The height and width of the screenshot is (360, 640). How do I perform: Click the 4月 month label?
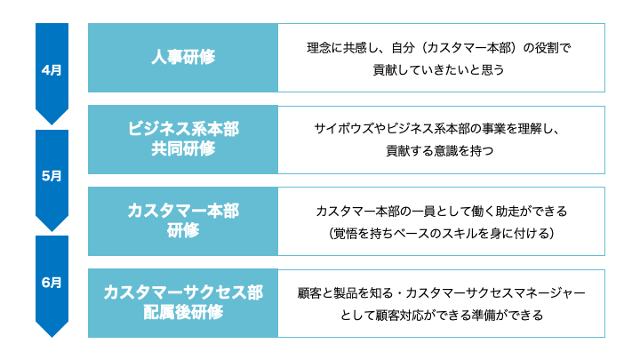tap(52, 70)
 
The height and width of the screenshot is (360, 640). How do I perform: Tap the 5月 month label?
tap(52, 176)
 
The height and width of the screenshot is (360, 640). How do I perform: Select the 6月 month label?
tap(52, 283)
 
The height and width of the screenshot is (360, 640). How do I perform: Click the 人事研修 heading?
tap(183, 58)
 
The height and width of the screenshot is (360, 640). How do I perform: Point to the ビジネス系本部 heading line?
tap(183, 129)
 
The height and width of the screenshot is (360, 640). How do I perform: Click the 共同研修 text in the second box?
tap(183, 149)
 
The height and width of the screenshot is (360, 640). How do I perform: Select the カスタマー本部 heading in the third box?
tap(183, 211)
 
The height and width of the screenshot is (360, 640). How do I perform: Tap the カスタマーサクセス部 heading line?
tap(183, 292)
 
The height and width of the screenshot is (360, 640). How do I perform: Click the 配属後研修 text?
tap(183, 313)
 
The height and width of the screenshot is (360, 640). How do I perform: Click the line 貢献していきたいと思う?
tap(439, 68)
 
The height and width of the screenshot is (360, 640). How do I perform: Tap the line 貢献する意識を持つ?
tap(439, 151)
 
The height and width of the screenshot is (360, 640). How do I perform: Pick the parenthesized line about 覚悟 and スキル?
tap(441, 233)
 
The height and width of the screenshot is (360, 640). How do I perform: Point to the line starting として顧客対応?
tap(441, 314)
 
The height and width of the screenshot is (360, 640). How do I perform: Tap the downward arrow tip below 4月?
tap(52, 121)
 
